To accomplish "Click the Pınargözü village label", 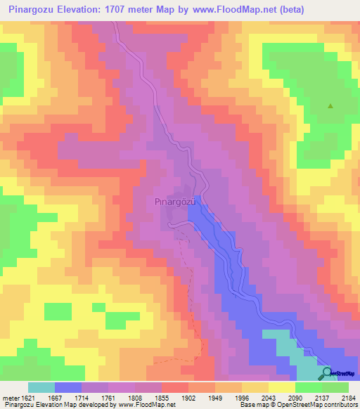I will (x=174, y=201).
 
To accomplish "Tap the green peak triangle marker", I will (x=330, y=106).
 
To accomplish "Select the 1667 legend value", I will (x=68, y=396).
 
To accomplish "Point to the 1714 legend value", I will (x=102, y=396).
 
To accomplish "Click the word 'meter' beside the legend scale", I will (x=11, y=396).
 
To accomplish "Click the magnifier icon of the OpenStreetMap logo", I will (x=327, y=373).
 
